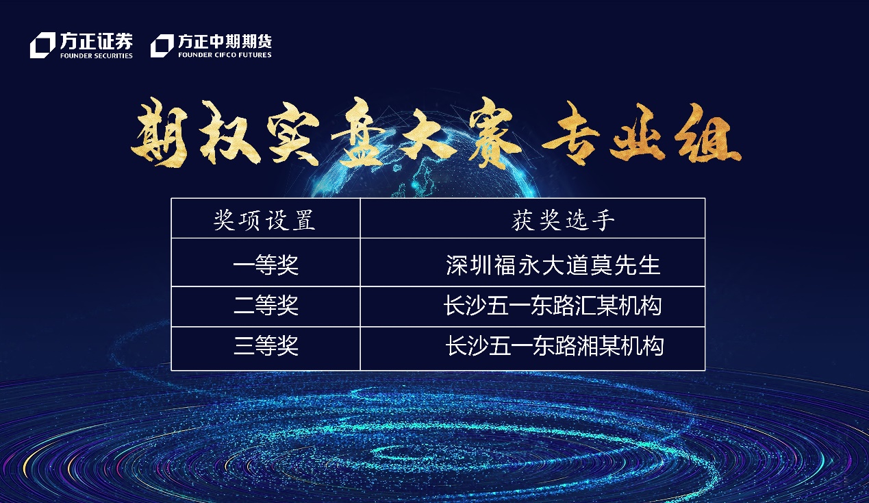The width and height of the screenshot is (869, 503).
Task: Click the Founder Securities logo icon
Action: point(42,45)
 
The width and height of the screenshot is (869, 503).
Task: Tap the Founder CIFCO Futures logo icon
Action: point(162,46)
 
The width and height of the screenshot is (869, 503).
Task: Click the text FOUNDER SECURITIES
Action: point(96,56)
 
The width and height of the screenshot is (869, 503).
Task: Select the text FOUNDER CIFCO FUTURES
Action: point(225,55)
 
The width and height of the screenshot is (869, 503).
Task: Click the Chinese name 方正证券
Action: point(96,41)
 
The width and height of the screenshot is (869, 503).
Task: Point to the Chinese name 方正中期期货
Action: point(225,41)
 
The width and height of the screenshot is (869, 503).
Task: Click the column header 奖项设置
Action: point(264,221)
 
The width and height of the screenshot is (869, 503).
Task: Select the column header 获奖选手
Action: point(563,221)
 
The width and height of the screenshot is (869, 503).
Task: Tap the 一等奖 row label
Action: point(266,265)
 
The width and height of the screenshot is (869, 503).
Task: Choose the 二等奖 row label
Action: point(266,306)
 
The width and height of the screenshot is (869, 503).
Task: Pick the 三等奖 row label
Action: point(266,345)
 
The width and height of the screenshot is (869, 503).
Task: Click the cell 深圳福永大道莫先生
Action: point(553,265)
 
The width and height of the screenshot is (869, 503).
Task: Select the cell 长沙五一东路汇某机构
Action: point(553,306)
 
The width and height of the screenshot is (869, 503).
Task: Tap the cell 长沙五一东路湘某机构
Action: point(555,345)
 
